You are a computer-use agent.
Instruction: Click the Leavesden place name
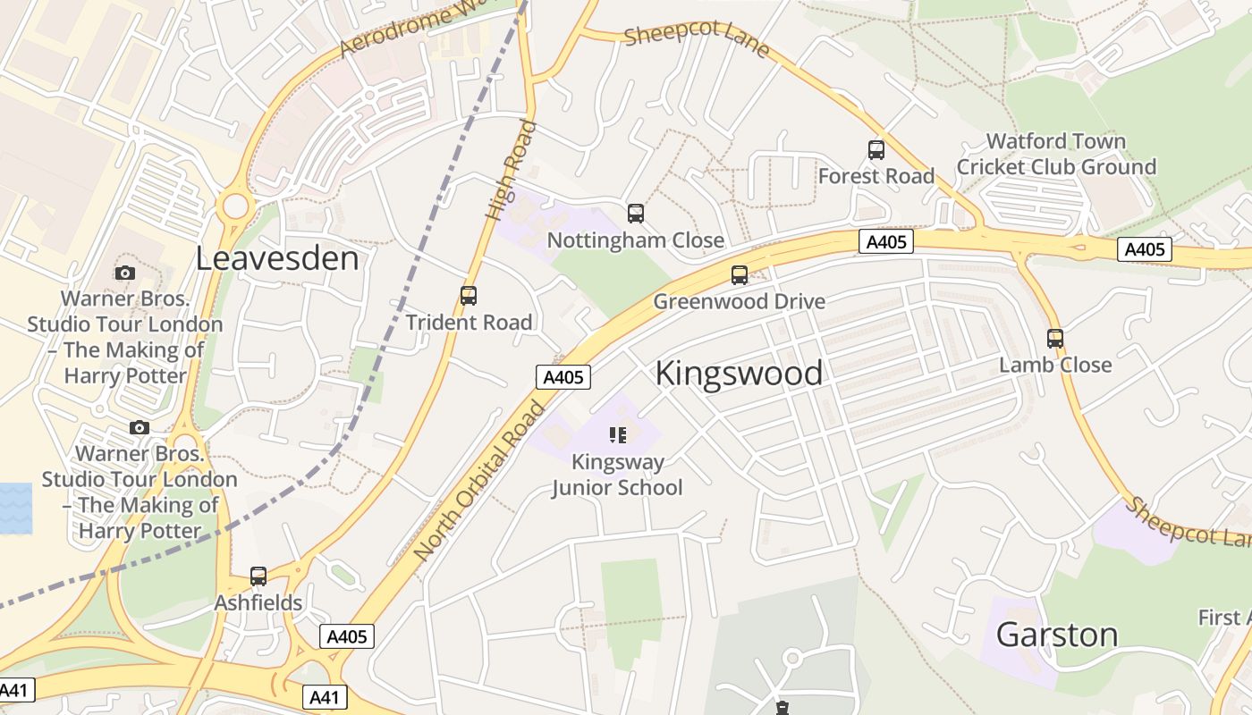coord(277,258)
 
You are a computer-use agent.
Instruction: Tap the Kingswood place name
coord(739,373)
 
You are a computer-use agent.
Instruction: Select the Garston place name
coord(1057,635)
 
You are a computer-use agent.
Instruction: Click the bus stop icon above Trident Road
coord(468,296)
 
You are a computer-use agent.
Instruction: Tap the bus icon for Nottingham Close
coord(636,214)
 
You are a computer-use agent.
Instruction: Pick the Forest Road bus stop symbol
coord(876,150)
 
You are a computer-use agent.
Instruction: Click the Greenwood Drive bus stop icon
coord(740,275)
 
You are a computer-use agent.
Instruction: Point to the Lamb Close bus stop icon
coord(1055,339)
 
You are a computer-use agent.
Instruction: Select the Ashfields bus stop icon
coord(258,576)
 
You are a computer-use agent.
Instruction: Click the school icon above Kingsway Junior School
coord(618,435)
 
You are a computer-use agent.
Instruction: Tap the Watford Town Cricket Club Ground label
coord(1056,154)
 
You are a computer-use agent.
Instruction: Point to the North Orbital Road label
coord(480,483)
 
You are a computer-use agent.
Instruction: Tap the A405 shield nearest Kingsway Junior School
coord(564,377)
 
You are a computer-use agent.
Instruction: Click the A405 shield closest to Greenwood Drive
coord(886,241)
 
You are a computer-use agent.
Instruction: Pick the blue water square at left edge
coord(15,509)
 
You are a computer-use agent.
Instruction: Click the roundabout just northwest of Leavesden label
coord(235,206)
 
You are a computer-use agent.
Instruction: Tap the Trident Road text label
coord(469,323)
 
